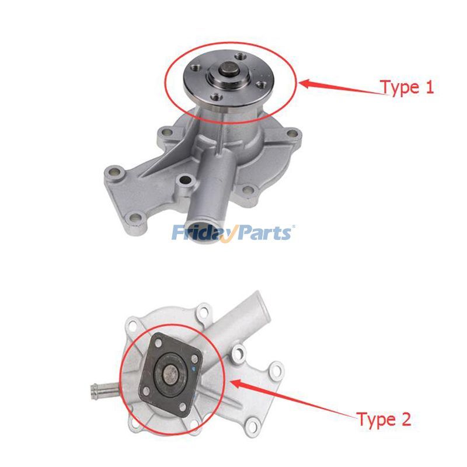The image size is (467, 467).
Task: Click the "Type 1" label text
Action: tap(407, 88)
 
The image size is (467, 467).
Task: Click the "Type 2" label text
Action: tap(384, 419)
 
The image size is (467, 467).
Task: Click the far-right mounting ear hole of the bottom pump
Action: tap(274, 370)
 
